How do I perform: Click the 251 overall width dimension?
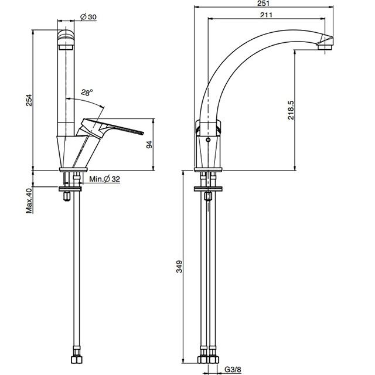pyautogui.click(x=264, y=3)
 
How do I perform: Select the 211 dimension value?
pyautogui.click(x=266, y=15)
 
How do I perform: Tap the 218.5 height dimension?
pyautogui.click(x=291, y=110)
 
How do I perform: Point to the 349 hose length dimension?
pyautogui.click(x=179, y=267)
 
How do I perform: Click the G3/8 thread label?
pyautogui.click(x=233, y=370)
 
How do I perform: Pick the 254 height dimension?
pyautogui.click(x=29, y=100)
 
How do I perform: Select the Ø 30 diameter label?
pyautogui.click(x=88, y=17)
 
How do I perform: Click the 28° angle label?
pyautogui.click(x=87, y=93)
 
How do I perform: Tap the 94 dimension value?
pyautogui.click(x=149, y=145)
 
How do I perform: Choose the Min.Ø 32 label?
pyautogui.click(x=104, y=179)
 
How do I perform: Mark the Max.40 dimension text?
pyautogui.click(x=29, y=200)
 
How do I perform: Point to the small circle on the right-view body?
pyautogui.click(x=208, y=139)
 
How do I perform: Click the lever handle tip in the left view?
pyautogui.click(x=142, y=133)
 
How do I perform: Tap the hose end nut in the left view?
pyautogui.click(x=77, y=359)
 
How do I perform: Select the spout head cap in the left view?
pyautogui.click(x=66, y=39)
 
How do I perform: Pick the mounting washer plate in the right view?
pyautogui.click(x=208, y=189)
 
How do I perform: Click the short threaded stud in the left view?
pyautogui.click(x=66, y=196)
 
